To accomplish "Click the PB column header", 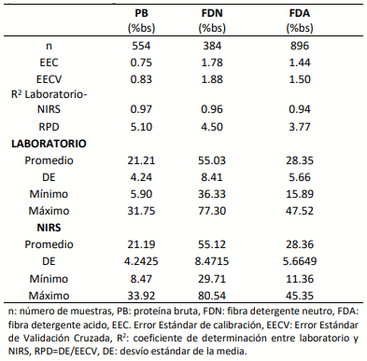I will (x=144, y=13).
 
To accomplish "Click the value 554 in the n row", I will (x=144, y=46).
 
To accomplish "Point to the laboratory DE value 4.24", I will (x=144, y=178).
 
